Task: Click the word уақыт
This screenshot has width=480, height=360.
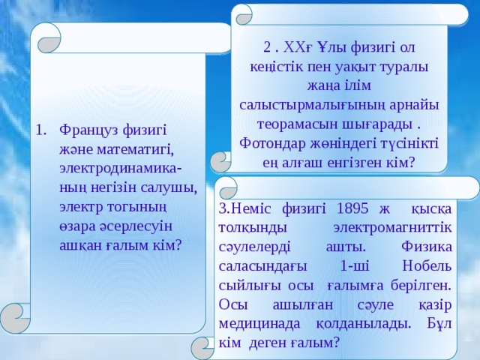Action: click(x=349, y=66)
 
